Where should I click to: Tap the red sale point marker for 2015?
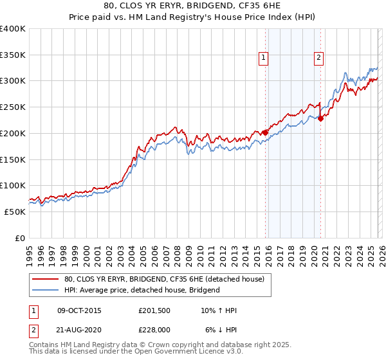pos(265,132)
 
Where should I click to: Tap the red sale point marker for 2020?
pos(320,118)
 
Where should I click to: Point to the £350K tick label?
pos(13,55)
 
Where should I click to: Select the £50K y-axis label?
pos(15,212)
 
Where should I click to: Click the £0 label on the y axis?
pos(21,238)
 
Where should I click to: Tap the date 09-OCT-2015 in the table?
pos(79,310)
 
